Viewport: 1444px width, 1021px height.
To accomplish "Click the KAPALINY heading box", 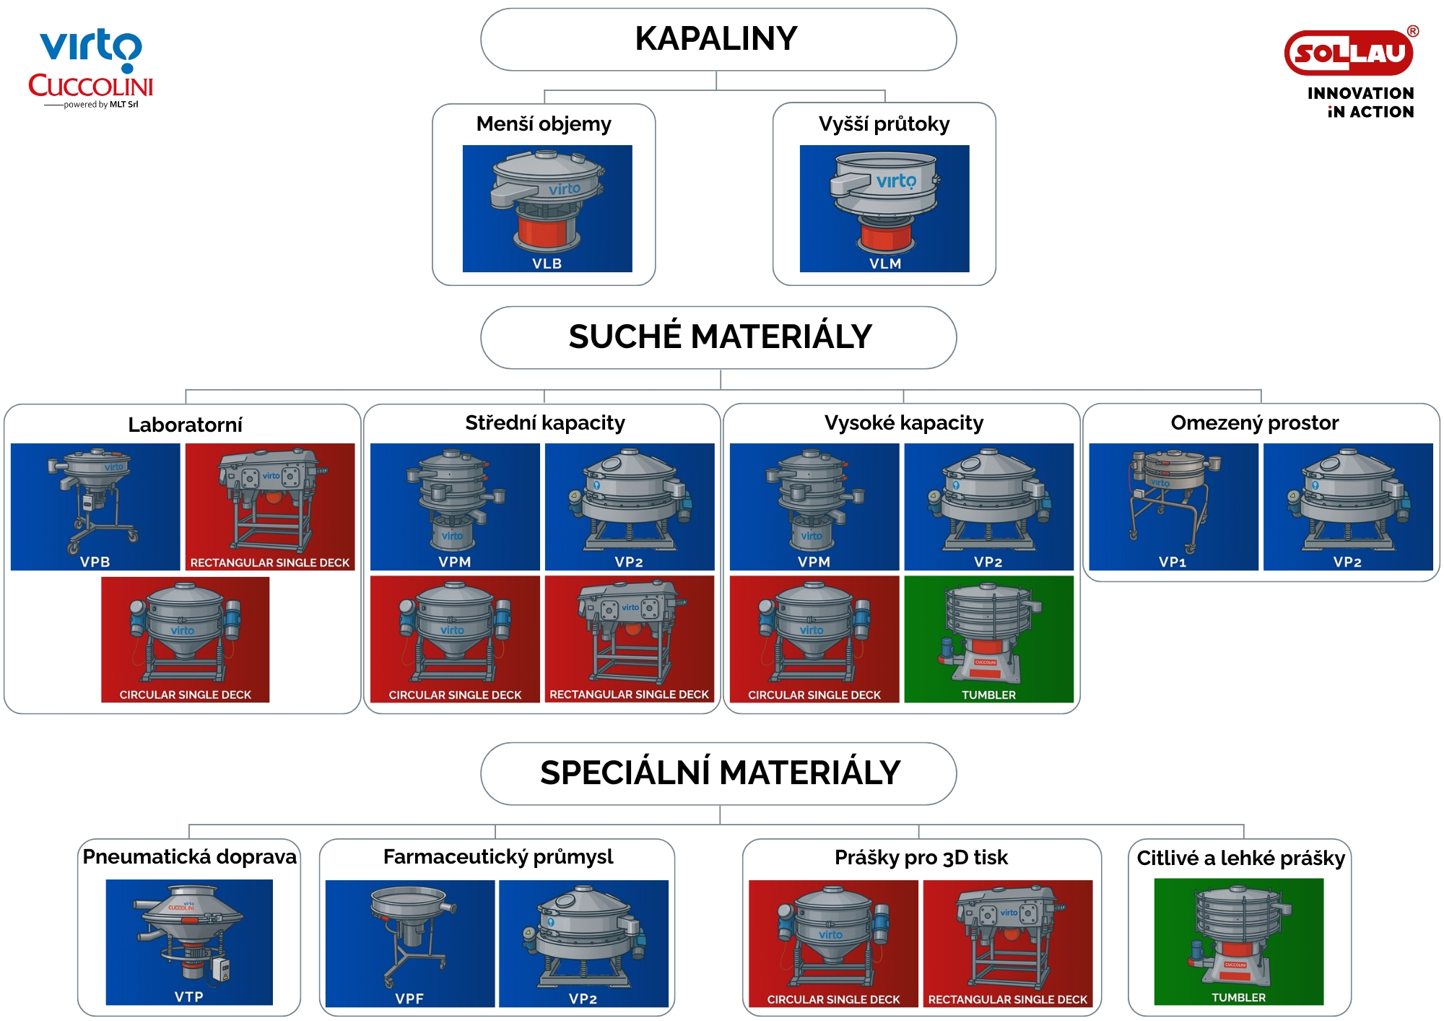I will [718, 40].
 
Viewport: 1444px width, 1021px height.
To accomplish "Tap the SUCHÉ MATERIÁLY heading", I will [719, 337].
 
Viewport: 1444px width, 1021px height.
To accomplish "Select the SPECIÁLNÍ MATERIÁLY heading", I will [719, 773].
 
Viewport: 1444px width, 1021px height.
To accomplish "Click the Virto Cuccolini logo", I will [91, 69].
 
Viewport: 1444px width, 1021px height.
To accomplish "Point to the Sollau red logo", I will [1348, 53].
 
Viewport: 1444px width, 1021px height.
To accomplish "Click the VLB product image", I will [547, 208].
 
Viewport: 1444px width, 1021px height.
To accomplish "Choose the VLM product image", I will [884, 208].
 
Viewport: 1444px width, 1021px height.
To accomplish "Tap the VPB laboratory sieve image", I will [95, 506].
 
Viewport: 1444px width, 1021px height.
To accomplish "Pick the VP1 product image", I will [1173, 506].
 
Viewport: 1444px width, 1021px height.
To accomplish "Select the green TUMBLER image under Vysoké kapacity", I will [988, 638].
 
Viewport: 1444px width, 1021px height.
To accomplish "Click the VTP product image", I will [189, 942].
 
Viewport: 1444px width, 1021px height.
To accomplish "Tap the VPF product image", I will [409, 943].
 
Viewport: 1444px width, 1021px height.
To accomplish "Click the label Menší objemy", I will [544, 124].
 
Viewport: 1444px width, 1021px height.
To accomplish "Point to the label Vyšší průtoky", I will [884, 124].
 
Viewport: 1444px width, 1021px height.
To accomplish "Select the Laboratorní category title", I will [185, 425].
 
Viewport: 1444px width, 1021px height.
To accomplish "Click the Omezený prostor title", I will [1254, 423].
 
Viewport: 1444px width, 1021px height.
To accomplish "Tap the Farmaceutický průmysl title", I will [497, 857].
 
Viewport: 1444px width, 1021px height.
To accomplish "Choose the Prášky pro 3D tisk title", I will [921, 858].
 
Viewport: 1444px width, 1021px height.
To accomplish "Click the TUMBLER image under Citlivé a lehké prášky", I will [1238, 941].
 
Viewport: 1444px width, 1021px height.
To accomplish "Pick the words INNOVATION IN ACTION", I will [1360, 103].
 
